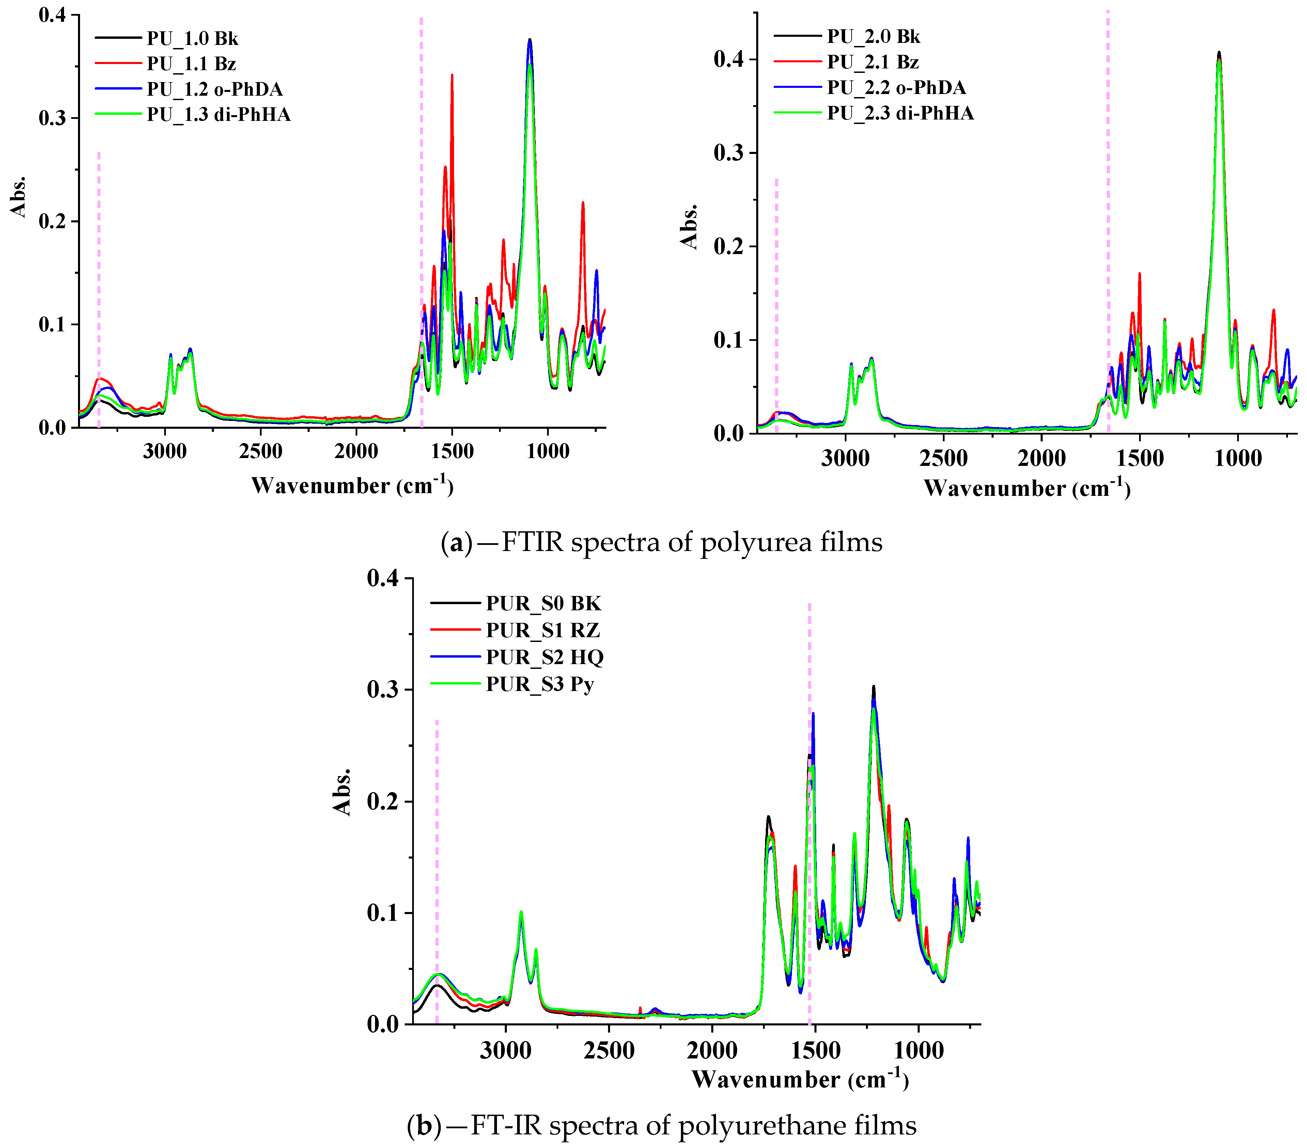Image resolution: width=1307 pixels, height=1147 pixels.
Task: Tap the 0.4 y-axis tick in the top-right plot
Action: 729,60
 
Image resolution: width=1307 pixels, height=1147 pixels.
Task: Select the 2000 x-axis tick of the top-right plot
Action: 1042,458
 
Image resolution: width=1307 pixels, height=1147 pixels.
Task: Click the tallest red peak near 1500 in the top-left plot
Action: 452,76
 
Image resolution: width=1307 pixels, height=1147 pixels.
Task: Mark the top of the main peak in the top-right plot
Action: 1219,52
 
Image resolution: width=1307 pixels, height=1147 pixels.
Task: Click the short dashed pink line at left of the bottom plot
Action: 437,869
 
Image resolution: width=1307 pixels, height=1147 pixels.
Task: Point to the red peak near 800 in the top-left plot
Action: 582,203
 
